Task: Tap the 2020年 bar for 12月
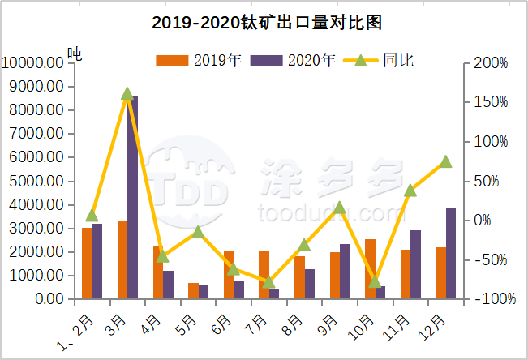coord(451,253)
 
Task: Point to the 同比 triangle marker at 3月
coord(127,94)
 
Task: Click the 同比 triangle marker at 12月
coord(445,162)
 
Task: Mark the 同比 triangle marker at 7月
coord(268,282)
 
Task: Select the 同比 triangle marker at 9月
coord(340,208)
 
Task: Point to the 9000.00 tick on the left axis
coord(34,86)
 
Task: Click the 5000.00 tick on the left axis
coord(34,181)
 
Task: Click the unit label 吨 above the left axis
coord(75,54)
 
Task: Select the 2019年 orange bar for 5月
coord(193,290)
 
